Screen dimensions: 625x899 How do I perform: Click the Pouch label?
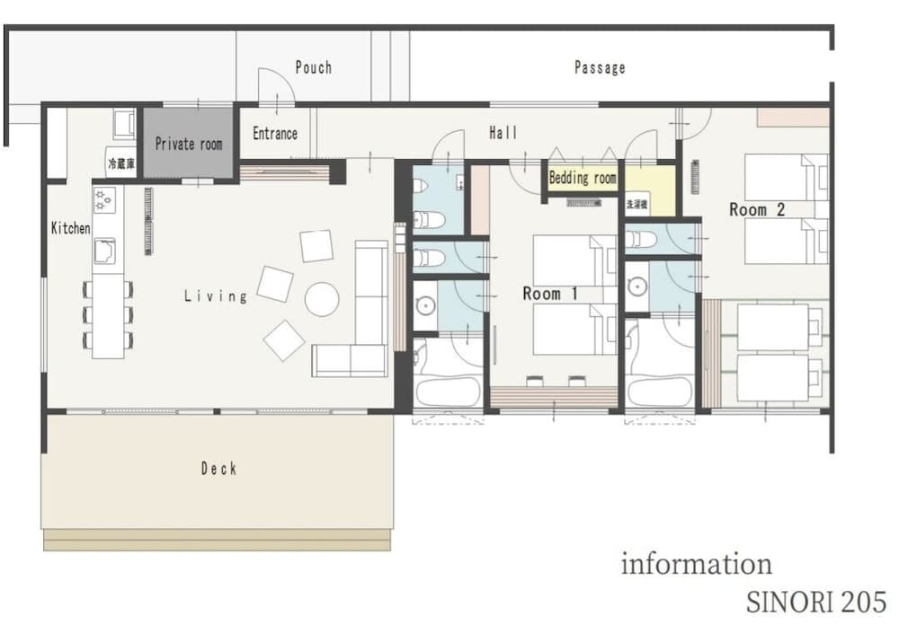(313, 67)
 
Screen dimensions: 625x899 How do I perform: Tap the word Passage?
(600, 67)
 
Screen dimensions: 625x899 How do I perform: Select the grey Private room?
(188, 144)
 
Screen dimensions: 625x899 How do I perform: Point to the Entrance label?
(274, 133)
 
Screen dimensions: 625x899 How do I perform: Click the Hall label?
(503, 133)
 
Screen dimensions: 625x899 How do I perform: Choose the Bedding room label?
(583, 178)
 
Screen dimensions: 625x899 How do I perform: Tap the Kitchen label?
(70, 228)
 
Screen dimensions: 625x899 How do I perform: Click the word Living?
(215, 295)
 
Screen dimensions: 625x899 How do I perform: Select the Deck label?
(218, 468)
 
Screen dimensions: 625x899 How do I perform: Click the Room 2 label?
(757, 209)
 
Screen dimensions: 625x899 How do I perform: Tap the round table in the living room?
(321, 299)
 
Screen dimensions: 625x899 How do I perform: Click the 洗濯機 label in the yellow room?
(637, 204)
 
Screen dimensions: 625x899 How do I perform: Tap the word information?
(696, 564)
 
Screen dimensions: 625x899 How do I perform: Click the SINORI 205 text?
(815, 601)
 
